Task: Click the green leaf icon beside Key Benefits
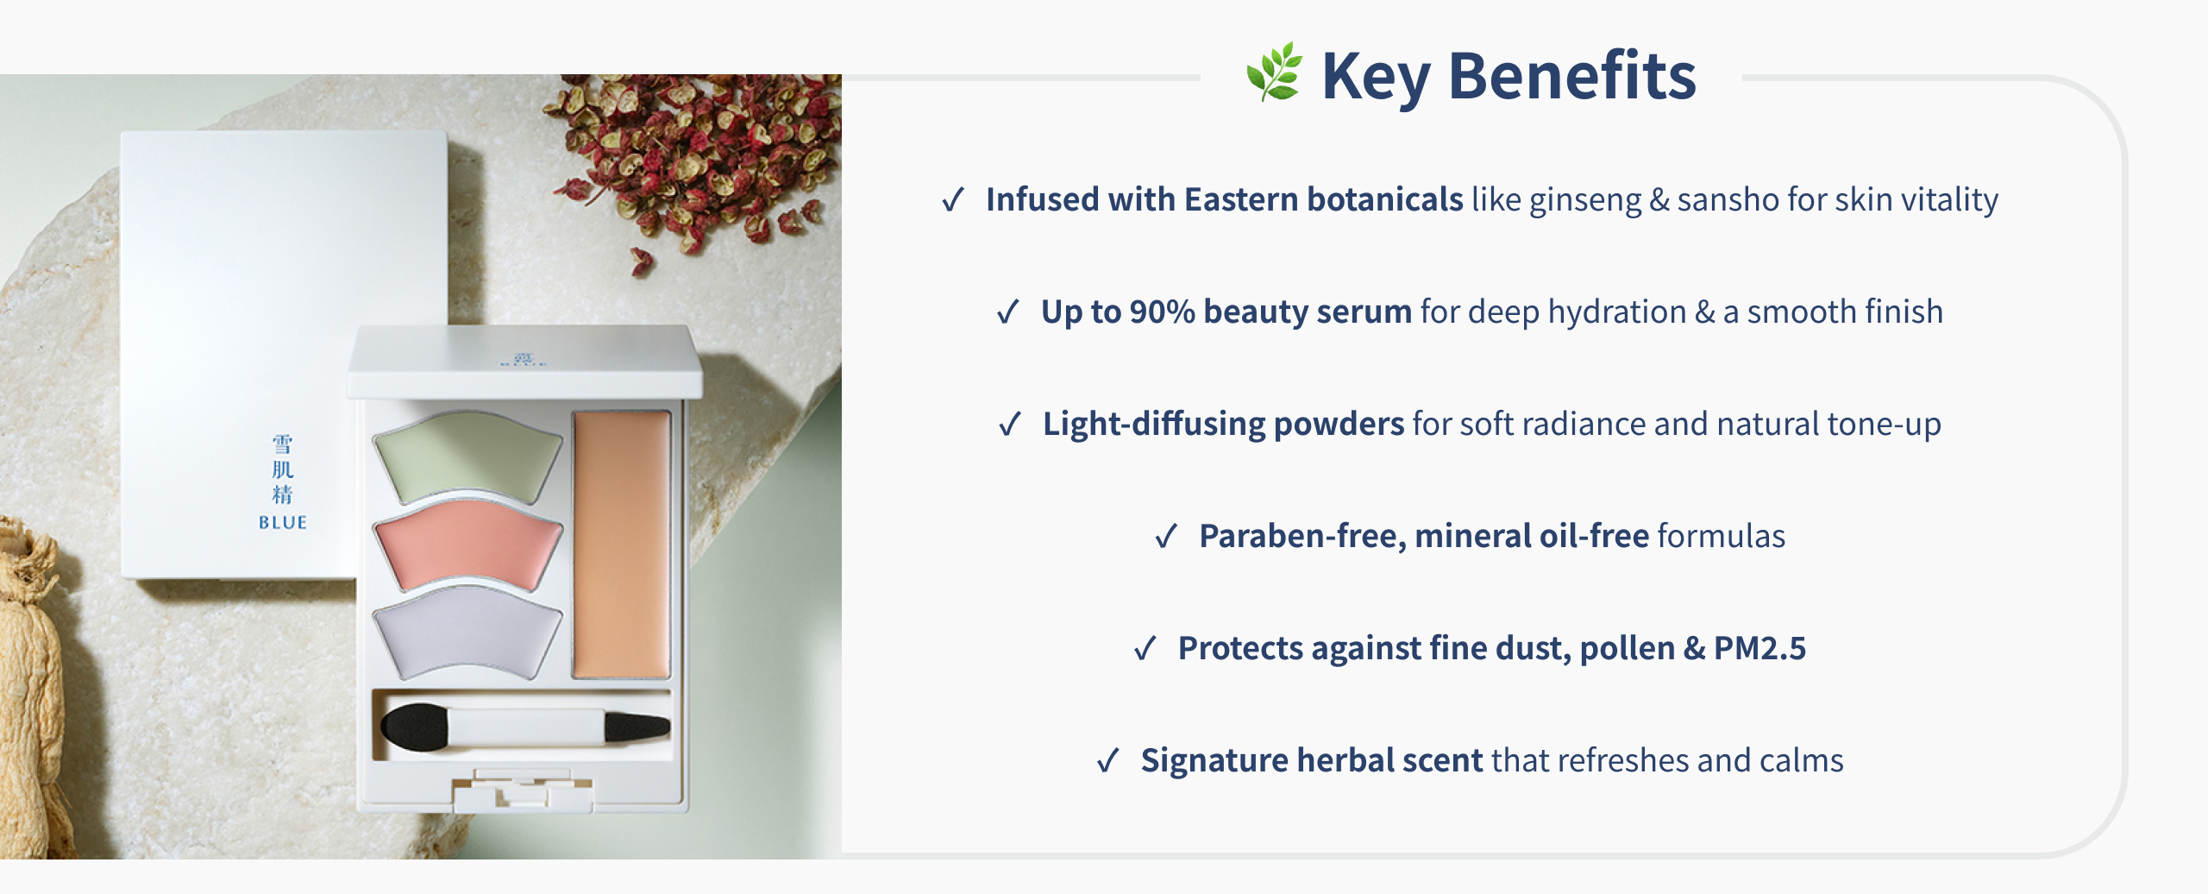[1274, 72]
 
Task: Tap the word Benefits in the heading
[1572, 76]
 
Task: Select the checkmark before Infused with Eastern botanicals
[953, 200]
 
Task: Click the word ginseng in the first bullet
[1585, 200]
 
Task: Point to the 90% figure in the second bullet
[1163, 312]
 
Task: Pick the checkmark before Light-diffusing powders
[1010, 425]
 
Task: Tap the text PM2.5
[1759, 648]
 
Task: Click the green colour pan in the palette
[467, 455]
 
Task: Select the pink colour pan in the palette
[467, 544]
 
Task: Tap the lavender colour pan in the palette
[467, 632]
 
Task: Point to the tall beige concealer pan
[621, 545]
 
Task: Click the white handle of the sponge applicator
[526, 727]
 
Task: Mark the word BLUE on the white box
[282, 522]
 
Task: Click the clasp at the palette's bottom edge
[523, 790]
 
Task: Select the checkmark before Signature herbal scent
[1108, 761]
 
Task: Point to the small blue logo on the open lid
[523, 359]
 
